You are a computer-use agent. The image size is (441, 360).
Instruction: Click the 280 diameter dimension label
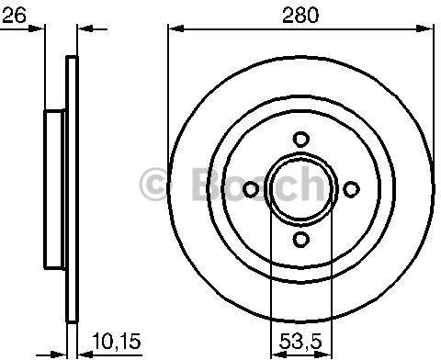[x=300, y=15]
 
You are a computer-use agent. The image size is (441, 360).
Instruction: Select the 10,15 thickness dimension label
[x=117, y=341]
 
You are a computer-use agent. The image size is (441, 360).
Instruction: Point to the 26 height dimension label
[x=14, y=15]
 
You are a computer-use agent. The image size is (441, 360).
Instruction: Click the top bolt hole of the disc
[x=301, y=140]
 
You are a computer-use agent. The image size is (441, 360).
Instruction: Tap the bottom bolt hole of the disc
[x=301, y=240]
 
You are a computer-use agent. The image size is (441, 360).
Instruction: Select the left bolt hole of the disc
[x=251, y=189]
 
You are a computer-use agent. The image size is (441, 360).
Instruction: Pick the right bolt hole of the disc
[x=351, y=189]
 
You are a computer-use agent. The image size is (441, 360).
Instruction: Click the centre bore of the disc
[x=301, y=189]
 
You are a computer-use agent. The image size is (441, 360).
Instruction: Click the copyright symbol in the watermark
[x=153, y=185]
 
